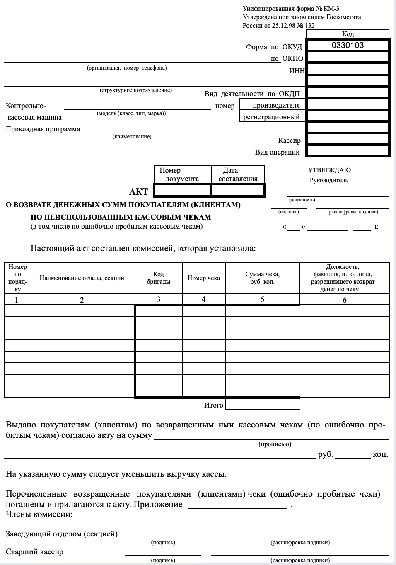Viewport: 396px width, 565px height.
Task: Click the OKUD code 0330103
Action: click(348, 45)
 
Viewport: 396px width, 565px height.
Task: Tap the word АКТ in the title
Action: click(138, 191)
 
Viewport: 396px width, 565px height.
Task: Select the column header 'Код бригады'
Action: click(158, 278)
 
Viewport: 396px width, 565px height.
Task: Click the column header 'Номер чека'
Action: click(203, 278)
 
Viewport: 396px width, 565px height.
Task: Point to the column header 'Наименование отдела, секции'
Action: click(82, 278)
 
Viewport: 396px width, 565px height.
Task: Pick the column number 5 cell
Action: click(262, 299)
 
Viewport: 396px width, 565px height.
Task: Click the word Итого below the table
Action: click(213, 405)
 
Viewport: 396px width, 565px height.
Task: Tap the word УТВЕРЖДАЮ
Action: click(329, 170)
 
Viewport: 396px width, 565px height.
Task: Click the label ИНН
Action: click(296, 71)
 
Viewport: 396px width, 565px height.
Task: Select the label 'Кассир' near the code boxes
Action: click(289, 140)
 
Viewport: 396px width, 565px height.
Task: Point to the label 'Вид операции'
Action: click(277, 152)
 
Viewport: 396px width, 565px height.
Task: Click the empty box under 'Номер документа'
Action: click(182, 190)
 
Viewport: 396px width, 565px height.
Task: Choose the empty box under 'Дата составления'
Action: click(238, 190)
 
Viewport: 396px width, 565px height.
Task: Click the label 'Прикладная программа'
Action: click(43, 129)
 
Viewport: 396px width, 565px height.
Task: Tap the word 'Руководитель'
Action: click(329, 180)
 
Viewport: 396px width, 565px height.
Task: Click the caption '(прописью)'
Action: click(275, 444)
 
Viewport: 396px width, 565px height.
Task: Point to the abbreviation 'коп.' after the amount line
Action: click(380, 454)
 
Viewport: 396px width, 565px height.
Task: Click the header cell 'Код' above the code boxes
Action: click(348, 34)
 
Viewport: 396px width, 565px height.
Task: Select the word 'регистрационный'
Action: click(271, 117)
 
